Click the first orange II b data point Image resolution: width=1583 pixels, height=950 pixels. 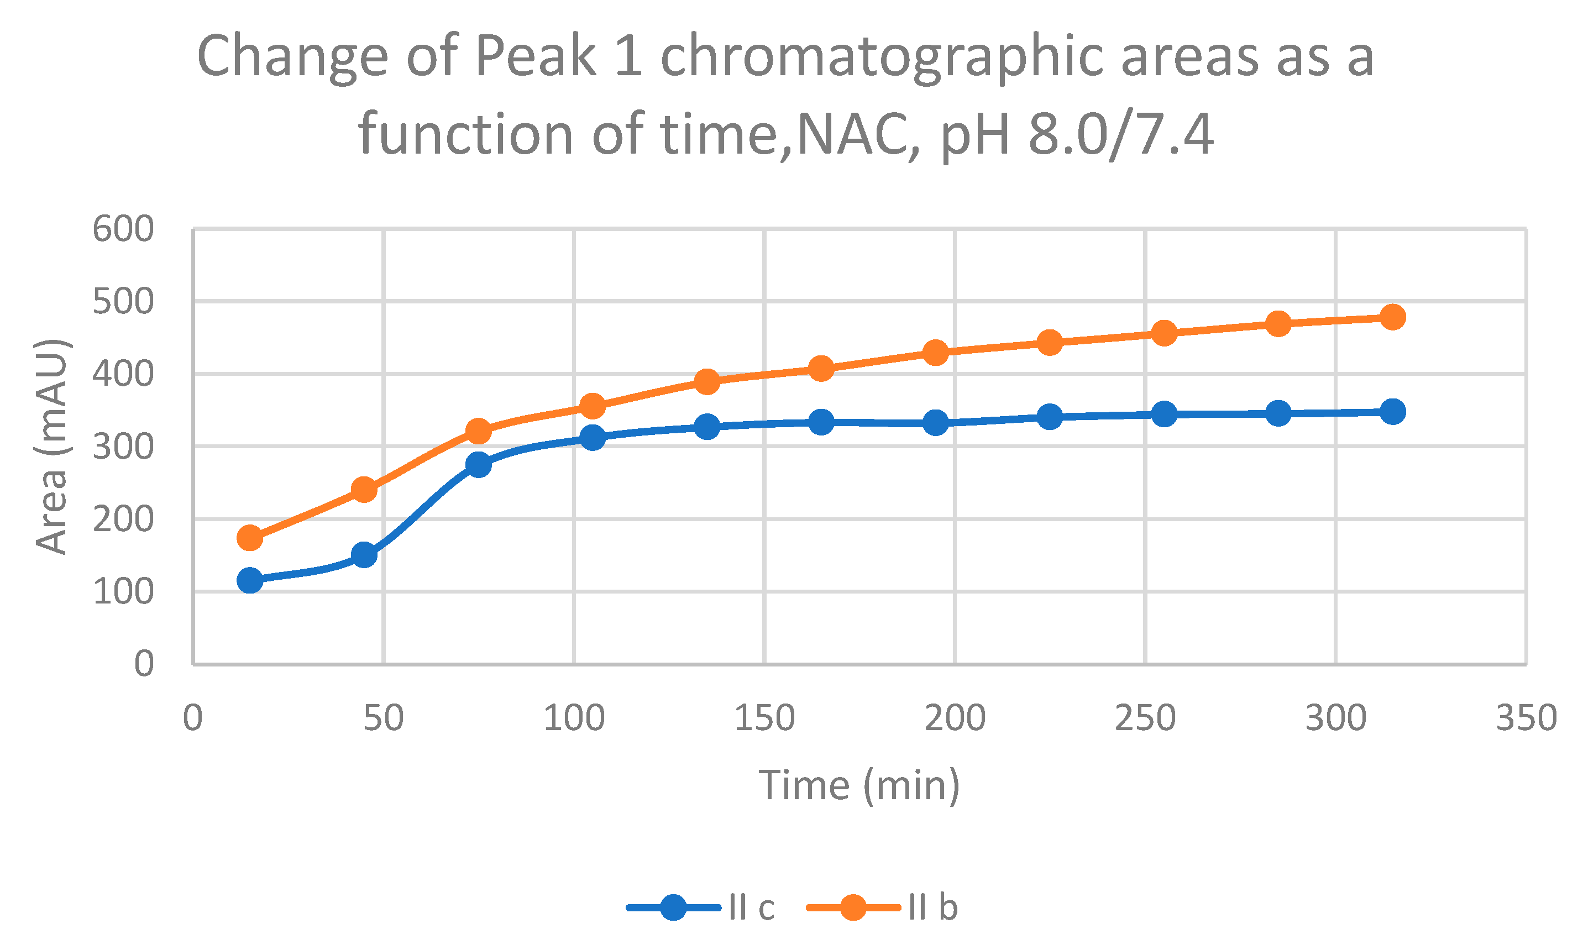click(x=250, y=538)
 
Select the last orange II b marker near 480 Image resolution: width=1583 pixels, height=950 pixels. click(x=1393, y=317)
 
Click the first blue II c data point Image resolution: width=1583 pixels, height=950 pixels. click(x=250, y=581)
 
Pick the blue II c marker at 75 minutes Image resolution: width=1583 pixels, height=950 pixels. click(x=478, y=464)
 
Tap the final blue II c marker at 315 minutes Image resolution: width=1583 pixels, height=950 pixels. click(x=1393, y=412)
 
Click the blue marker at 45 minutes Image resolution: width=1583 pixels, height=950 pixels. click(x=364, y=554)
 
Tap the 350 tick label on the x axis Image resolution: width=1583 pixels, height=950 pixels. click(x=1526, y=718)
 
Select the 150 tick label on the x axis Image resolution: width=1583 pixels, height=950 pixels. click(x=764, y=718)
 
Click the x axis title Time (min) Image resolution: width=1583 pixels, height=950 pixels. click(x=859, y=785)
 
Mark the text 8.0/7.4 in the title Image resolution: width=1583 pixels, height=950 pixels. click(x=1120, y=134)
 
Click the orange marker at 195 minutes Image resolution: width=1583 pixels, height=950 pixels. click(x=936, y=352)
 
